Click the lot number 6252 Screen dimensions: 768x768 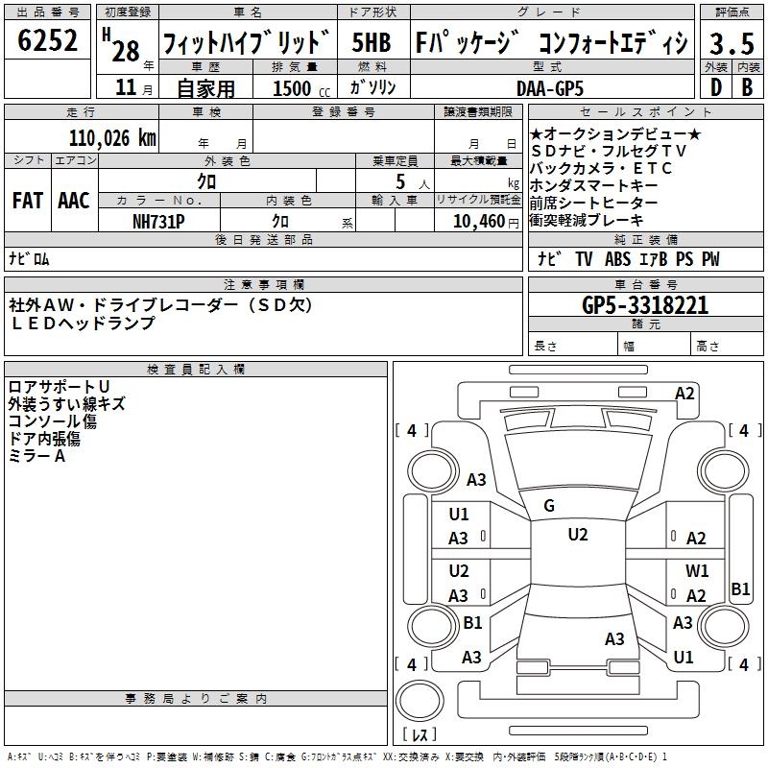point(47,41)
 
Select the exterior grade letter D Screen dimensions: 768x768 point(714,86)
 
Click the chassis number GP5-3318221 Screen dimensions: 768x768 point(645,305)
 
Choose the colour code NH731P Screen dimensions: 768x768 point(158,220)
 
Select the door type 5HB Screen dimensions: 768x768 point(371,42)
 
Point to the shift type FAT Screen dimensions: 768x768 point(27,201)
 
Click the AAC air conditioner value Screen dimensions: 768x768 point(73,201)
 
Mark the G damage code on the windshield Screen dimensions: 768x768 point(548,506)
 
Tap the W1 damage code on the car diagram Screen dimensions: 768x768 point(697,570)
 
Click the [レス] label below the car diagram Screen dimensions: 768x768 point(420,736)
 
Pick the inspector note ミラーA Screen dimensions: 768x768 point(37,456)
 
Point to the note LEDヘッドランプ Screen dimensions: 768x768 point(82,323)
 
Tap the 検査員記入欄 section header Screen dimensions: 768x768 point(196,369)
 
